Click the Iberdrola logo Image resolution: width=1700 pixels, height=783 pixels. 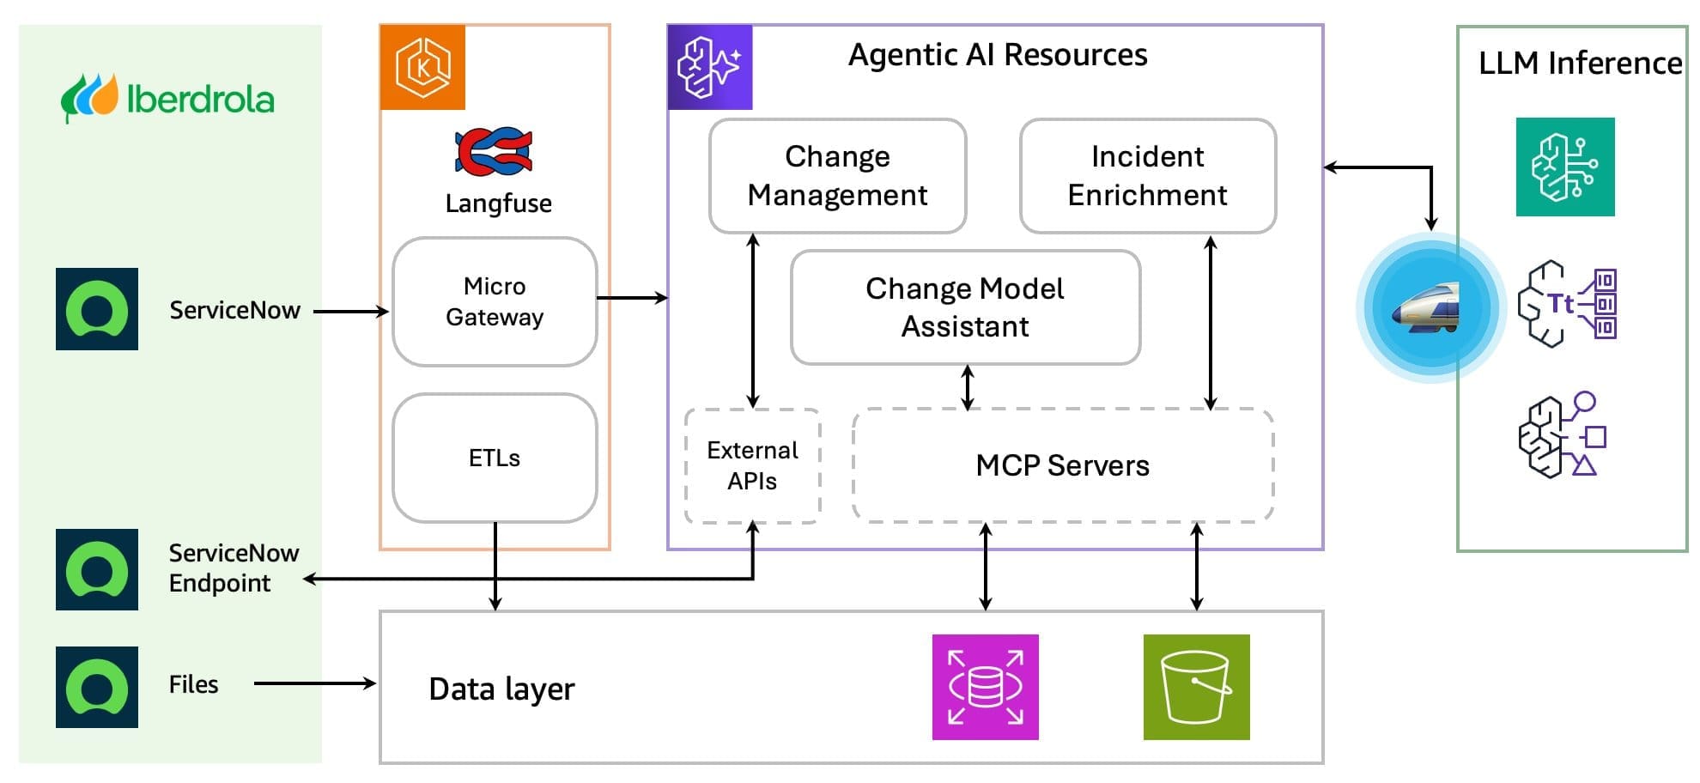coord(167,98)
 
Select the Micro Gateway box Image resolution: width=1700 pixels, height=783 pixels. coord(495,301)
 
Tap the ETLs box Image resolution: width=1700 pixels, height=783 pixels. coord(495,458)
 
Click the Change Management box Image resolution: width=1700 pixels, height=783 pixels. coord(837,176)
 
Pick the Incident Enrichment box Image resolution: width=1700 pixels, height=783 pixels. coord(1148,176)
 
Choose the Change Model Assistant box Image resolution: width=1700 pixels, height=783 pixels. coord(965,307)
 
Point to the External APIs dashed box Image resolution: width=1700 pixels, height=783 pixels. coord(752,465)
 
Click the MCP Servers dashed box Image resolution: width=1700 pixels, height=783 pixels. coord(1063,465)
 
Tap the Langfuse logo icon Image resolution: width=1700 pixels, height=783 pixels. coord(494,152)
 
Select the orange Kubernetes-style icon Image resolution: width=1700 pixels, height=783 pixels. coord(422,67)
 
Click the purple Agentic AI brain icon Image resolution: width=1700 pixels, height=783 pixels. coord(710,67)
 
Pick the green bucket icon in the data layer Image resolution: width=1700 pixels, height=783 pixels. coord(1196,687)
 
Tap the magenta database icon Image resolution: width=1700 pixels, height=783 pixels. coord(985,687)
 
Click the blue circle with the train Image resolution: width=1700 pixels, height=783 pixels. coord(1430,307)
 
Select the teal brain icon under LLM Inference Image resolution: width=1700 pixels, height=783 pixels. coord(1564,167)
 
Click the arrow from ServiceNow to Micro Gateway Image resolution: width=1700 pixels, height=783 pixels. coord(351,312)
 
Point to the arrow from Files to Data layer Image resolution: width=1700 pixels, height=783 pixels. coord(315,683)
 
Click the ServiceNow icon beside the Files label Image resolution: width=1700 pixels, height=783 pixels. coord(97,687)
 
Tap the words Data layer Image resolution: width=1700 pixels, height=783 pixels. coord(501,689)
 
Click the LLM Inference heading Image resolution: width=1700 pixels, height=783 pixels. coord(1580,63)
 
